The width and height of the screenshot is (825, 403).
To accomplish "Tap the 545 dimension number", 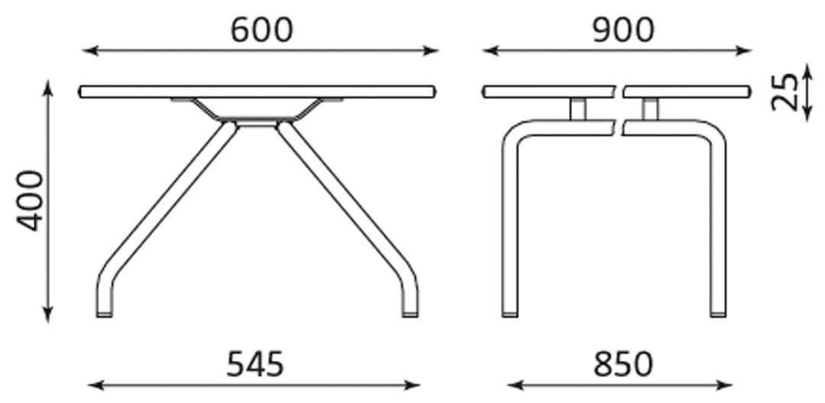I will (255, 364).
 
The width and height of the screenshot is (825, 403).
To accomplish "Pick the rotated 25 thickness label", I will (785, 92).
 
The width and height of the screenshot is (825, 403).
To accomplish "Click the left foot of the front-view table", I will (105, 312).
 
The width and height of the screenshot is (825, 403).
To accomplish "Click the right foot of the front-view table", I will (410, 312).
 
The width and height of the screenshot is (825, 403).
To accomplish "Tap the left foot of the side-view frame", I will (510, 312).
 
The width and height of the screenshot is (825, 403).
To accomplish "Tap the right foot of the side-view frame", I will (718, 312).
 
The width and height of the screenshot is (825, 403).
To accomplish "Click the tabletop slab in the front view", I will (257, 92).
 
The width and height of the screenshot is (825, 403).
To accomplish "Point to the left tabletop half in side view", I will (548, 92).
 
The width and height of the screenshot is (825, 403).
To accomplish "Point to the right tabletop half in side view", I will (686, 92).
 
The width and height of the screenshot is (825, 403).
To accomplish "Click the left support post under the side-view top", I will (577, 108).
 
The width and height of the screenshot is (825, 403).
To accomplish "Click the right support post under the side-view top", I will (650, 108).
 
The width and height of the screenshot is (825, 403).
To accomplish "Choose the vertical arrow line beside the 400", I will (48, 200).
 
